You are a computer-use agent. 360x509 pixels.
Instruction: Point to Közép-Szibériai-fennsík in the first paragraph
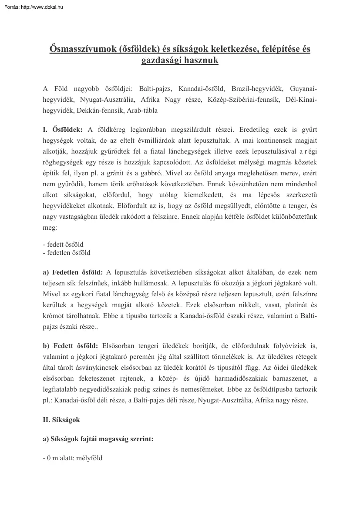(x=243, y=100)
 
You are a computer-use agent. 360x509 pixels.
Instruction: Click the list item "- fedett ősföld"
(x=63, y=244)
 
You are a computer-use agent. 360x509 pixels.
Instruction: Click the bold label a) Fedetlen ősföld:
(x=73, y=272)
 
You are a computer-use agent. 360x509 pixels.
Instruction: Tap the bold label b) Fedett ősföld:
(x=70, y=346)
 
